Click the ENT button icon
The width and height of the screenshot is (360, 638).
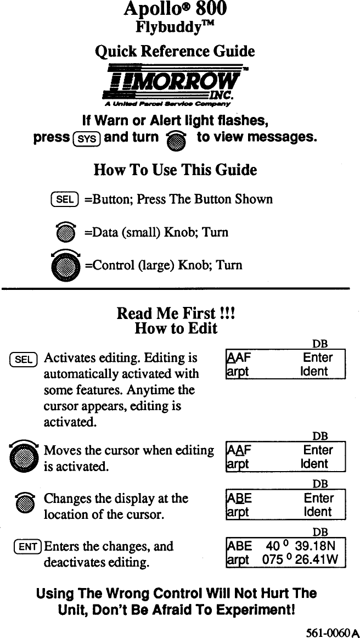pos(27,547)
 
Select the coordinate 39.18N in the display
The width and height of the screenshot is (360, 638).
pos(319,546)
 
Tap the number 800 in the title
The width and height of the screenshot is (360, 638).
pos(211,9)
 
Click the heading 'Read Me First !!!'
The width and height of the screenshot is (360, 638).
pos(176,314)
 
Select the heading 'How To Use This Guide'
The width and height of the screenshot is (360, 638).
pos(175,170)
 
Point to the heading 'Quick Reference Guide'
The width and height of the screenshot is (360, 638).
pos(175,51)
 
